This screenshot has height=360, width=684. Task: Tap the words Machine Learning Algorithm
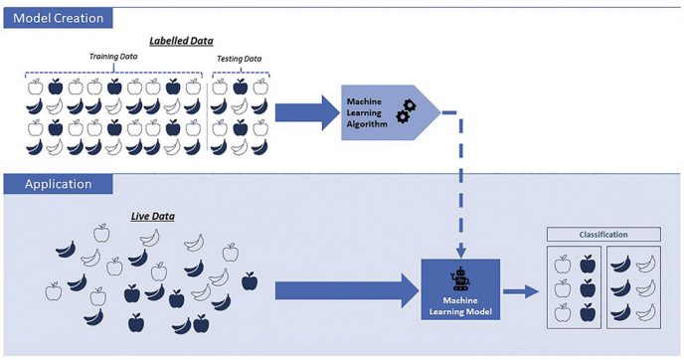tap(366, 112)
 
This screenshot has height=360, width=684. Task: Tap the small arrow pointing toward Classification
tap(516, 290)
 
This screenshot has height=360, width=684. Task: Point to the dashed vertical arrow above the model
tap(459, 189)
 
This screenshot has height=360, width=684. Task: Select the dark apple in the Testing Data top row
tap(240, 87)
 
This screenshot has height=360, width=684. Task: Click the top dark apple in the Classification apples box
tap(587, 265)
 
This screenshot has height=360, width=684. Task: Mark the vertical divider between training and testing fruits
tap(208, 116)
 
